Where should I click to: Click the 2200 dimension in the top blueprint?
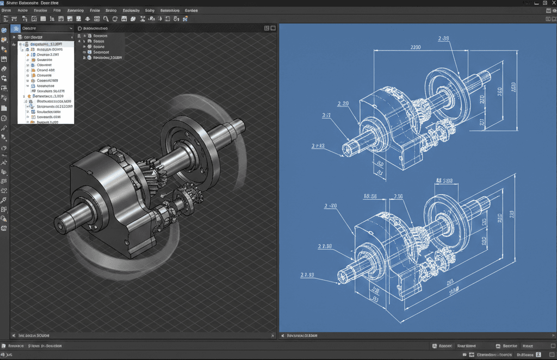(414, 47)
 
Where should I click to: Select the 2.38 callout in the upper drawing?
(443, 39)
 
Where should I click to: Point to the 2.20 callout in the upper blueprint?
(343, 103)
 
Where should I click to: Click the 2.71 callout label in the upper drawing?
(326, 115)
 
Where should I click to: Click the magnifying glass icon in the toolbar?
(107, 19)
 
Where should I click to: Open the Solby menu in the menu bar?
(150, 10)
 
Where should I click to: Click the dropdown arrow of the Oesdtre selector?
(71, 28)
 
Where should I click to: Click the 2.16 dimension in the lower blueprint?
(398, 196)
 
